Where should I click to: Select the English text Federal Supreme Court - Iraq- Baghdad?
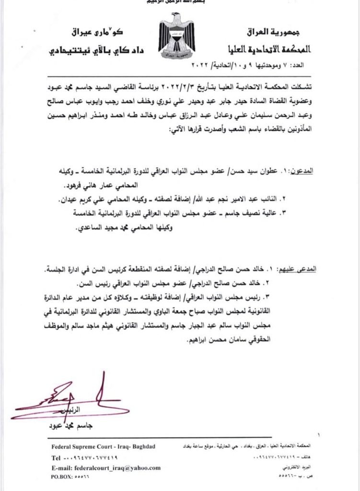(x=103, y=447)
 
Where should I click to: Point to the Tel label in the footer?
(x=56, y=457)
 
